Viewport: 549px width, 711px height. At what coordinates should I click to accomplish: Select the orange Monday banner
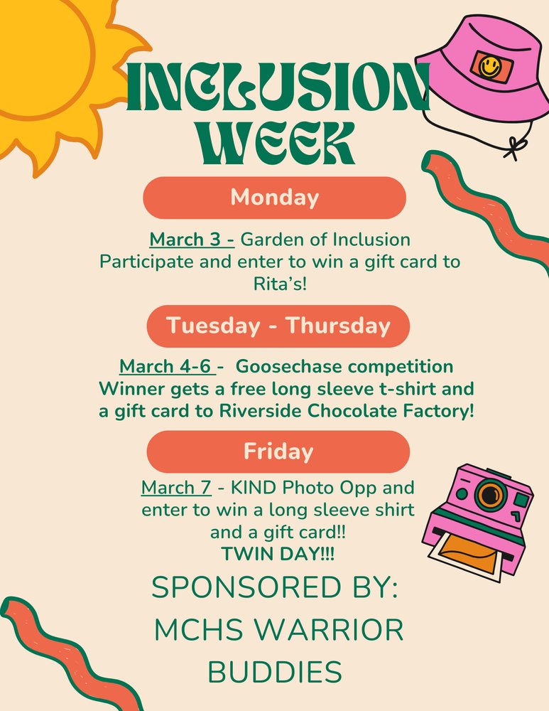click(274, 197)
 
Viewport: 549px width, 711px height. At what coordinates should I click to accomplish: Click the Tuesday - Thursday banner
click(278, 326)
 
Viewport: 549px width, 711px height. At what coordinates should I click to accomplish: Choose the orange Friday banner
click(278, 451)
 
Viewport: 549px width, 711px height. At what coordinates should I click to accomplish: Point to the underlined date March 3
click(191, 239)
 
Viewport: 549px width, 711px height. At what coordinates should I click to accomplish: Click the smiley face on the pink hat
click(488, 66)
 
